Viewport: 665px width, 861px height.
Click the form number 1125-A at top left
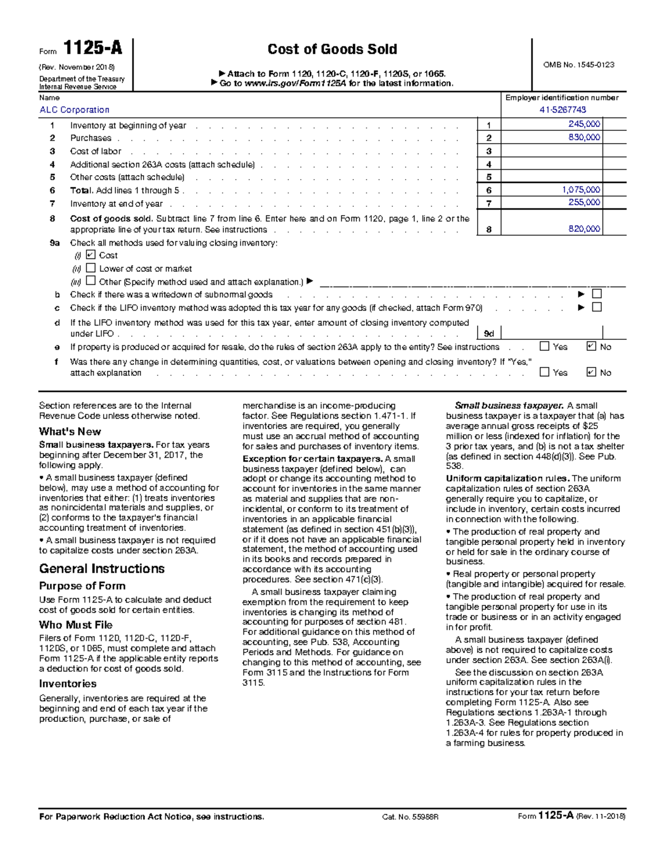(x=92, y=49)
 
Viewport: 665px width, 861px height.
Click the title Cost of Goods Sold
(x=332, y=49)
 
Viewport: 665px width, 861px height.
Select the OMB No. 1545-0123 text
(x=579, y=65)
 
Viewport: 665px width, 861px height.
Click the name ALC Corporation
(x=74, y=110)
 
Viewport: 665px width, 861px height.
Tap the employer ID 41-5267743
(x=562, y=110)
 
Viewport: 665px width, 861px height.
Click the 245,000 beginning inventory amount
(x=584, y=124)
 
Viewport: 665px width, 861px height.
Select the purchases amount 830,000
(x=584, y=137)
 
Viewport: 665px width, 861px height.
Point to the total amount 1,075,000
(x=581, y=190)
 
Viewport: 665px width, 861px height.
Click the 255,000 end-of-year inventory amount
(x=584, y=202)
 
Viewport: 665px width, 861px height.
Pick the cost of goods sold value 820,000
(x=584, y=228)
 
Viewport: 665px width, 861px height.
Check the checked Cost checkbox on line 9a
(x=91, y=254)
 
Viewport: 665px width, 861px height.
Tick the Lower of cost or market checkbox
(x=91, y=268)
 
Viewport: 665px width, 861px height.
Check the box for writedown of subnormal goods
(x=597, y=294)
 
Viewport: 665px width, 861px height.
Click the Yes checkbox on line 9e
(x=544, y=347)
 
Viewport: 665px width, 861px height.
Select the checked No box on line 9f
(x=591, y=372)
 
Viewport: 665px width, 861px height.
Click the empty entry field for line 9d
(x=562, y=333)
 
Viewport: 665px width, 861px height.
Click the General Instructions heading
(x=102, y=569)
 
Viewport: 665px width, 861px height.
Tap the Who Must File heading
(x=76, y=625)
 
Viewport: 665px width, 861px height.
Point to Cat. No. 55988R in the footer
(x=410, y=817)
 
